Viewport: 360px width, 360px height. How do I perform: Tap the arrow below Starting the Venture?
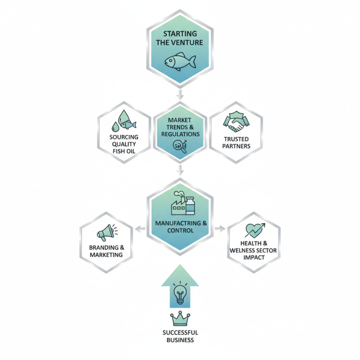pos(180,94)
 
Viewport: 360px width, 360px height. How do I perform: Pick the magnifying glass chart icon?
pos(180,145)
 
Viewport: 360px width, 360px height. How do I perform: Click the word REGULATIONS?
pos(180,134)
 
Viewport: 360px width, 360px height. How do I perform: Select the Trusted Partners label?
pos(236,143)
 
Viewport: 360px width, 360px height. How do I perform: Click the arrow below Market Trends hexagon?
pos(180,170)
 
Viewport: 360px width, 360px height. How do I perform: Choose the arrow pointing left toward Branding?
pos(140,229)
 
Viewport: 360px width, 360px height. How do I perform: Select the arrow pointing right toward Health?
pos(220,229)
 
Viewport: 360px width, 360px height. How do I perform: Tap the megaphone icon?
pos(106,234)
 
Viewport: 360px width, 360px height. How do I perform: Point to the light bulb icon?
pos(180,295)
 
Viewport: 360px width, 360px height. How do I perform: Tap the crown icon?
pos(180,319)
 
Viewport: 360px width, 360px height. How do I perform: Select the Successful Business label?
pos(180,336)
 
